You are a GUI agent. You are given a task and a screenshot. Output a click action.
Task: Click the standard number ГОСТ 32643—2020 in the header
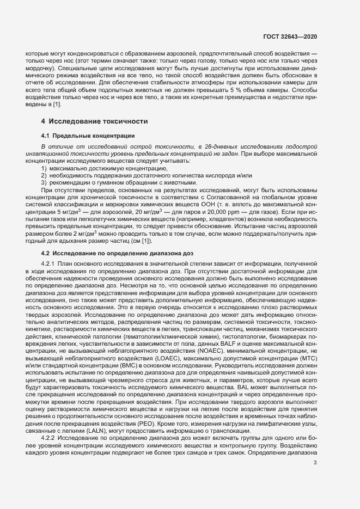coord(295,36)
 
